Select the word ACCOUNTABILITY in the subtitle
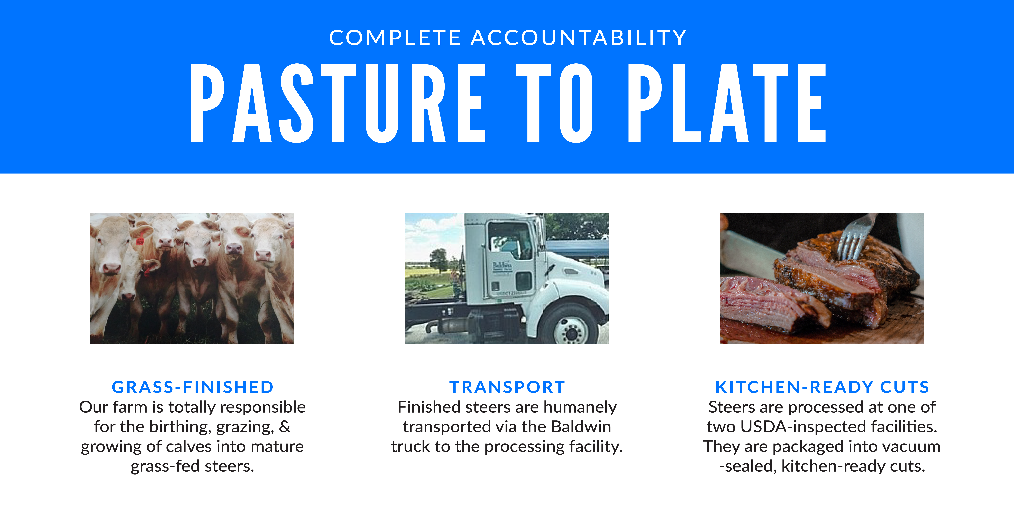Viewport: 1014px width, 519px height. (x=579, y=38)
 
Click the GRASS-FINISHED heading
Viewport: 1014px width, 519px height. (x=193, y=387)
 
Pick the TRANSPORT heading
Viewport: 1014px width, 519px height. (x=507, y=387)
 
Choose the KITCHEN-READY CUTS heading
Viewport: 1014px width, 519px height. (x=822, y=387)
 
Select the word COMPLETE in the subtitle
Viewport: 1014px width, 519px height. (x=395, y=38)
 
